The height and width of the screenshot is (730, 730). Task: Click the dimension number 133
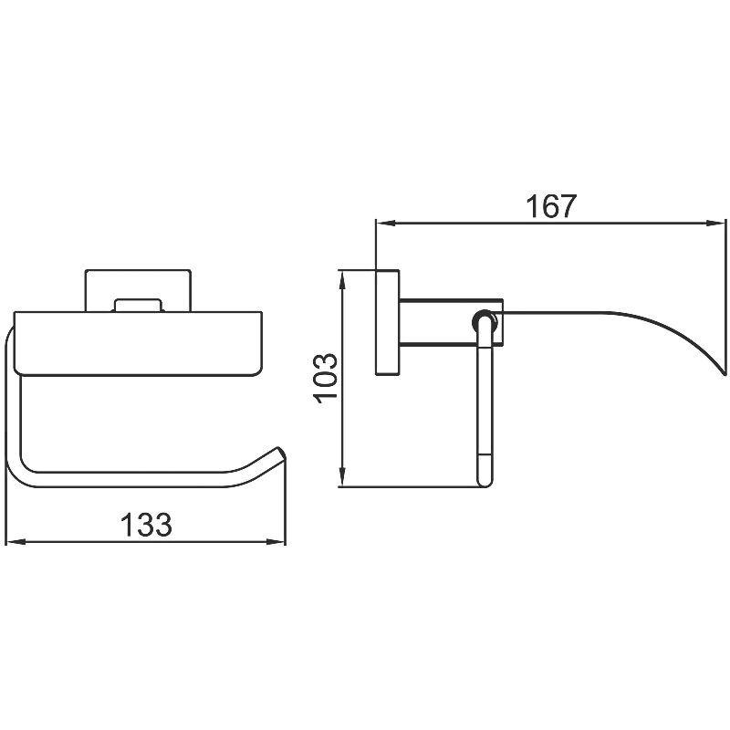click(146, 524)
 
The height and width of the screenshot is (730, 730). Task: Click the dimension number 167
click(551, 206)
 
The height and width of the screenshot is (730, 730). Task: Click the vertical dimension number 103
click(326, 379)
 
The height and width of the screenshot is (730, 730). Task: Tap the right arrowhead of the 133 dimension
click(276, 541)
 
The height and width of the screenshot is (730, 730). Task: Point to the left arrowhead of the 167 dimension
click(385, 223)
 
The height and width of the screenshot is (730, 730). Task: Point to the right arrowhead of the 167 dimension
click(716, 223)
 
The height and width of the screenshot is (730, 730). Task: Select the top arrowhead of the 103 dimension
click(342, 279)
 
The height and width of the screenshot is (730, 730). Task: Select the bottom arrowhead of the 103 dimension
click(342, 477)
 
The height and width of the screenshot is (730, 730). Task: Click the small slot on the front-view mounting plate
click(138, 306)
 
